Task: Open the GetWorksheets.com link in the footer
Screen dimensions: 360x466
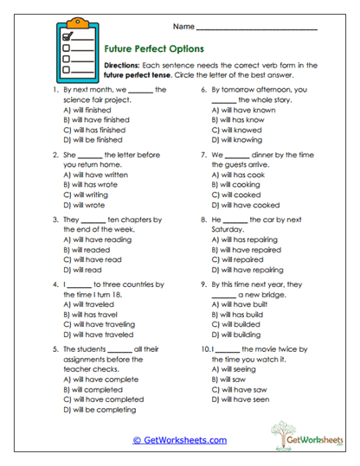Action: point(179,439)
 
